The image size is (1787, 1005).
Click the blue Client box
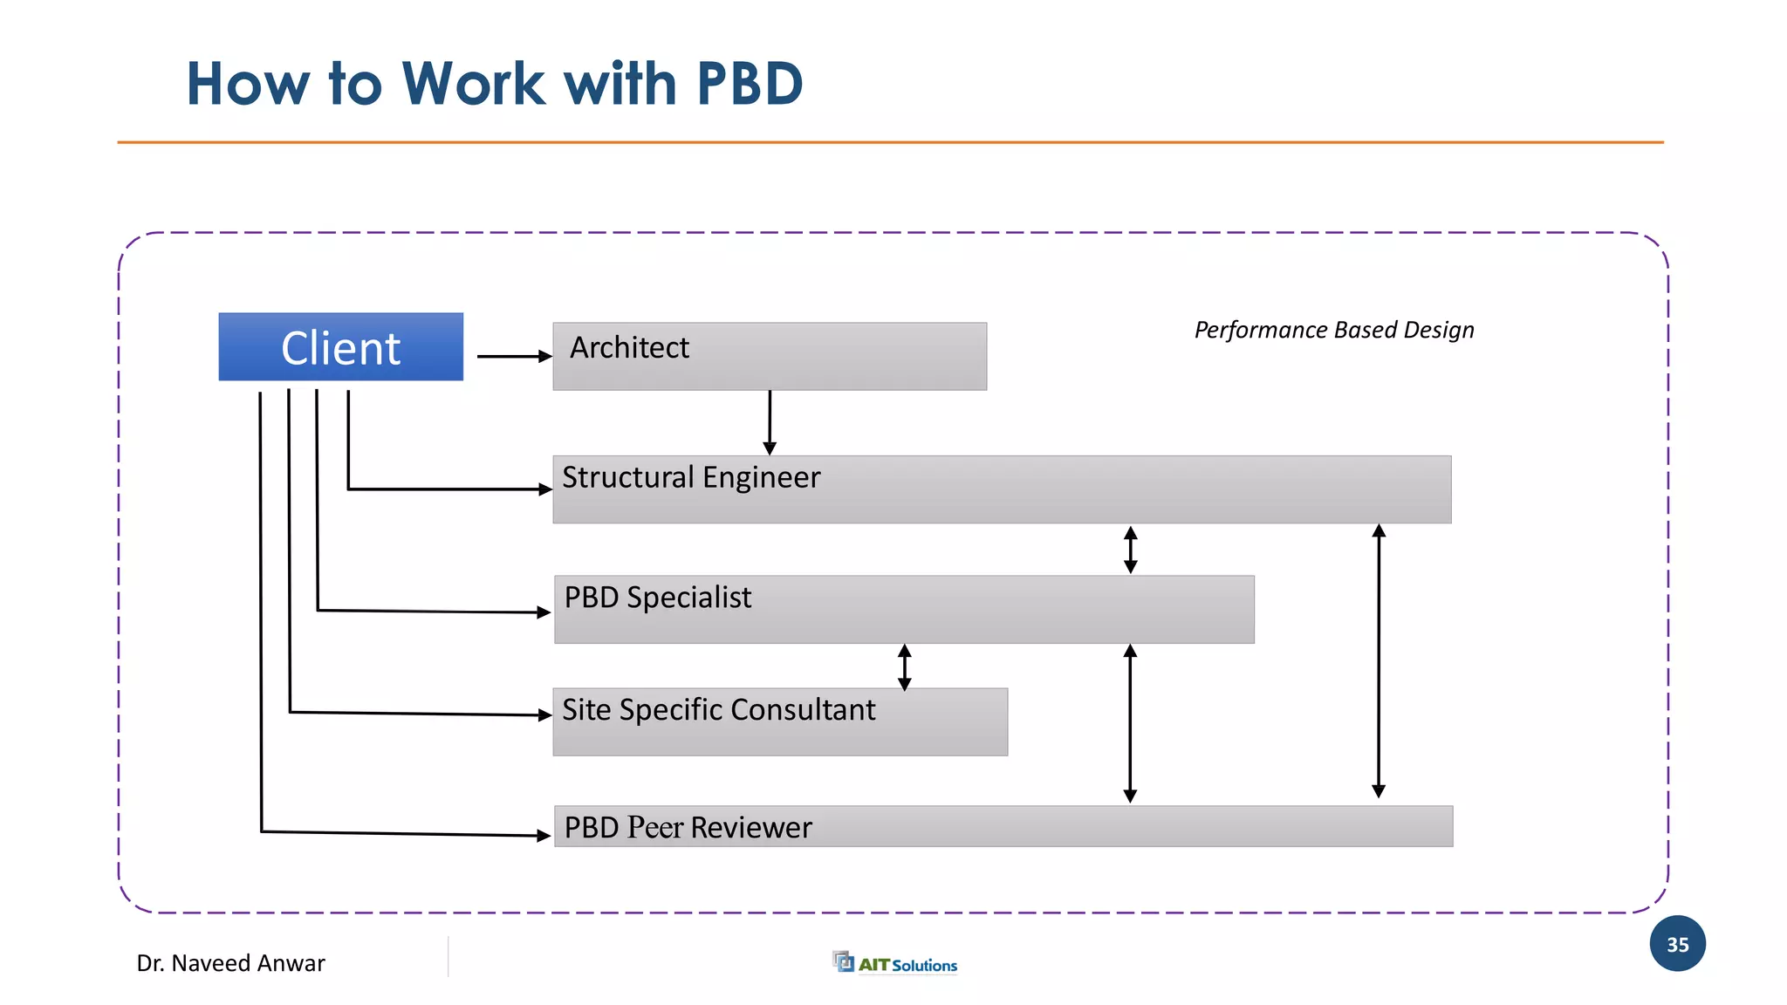tap(340, 347)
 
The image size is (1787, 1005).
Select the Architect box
tap(769, 356)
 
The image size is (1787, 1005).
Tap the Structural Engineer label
tap(691, 478)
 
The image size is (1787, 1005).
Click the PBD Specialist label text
tap(657, 598)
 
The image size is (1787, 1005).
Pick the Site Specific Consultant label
tap(718, 710)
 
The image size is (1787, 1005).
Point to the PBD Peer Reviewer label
tap(688, 827)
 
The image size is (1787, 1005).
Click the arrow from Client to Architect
tap(514, 356)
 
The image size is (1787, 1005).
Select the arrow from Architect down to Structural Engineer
tap(770, 422)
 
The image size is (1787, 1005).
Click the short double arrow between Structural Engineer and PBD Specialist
tap(1130, 550)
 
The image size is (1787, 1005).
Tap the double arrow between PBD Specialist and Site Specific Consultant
tap(905, 667)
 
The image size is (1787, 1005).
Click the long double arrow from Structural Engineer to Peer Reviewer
tap(1379, 660)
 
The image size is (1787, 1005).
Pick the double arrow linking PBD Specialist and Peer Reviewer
tap(1130, 723)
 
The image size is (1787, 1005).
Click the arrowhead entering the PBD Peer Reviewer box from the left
tap(543, 836)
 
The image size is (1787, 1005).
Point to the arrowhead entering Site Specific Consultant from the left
tap(544, 715)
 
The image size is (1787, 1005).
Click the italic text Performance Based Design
tap(1333, 330)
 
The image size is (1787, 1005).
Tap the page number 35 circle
tap(1677, 944)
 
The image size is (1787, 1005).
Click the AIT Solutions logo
tap(895, 963)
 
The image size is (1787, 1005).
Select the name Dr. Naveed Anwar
tap(230, 963)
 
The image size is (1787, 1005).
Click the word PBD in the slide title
tap(749, 85)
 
